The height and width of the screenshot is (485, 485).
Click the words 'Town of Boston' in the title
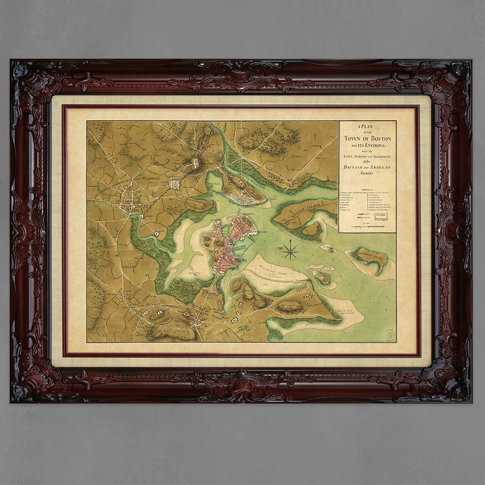pos(367,138)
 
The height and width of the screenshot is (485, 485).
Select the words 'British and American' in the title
pos(367,167)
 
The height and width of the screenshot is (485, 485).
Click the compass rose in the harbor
pos(291,250)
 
